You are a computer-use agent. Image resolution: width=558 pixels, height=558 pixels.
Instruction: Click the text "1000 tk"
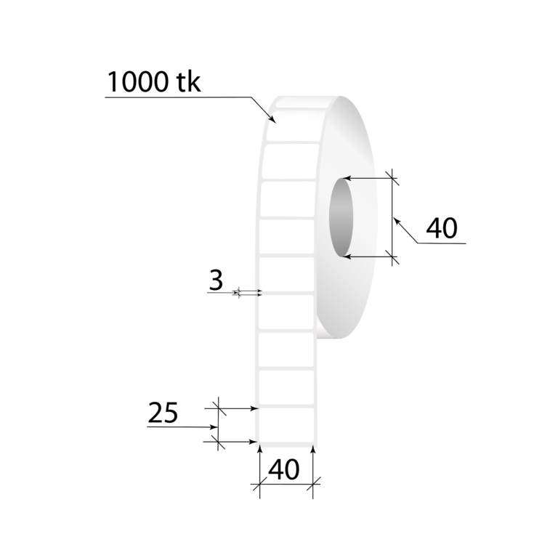tap(153, 81)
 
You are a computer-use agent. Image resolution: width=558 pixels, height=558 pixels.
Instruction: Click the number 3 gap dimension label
tap(215, 280)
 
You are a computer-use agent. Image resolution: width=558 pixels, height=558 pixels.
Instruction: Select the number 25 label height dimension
tap(163, 413)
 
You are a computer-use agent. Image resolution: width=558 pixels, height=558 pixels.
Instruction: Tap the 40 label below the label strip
tap(284, 469)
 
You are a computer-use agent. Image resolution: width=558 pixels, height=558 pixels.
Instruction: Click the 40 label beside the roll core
tap(441, 228)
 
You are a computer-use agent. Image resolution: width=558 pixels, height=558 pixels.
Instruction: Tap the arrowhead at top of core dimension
tap(347, 178)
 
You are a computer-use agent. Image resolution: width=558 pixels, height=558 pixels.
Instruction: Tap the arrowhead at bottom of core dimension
tap(347, 256)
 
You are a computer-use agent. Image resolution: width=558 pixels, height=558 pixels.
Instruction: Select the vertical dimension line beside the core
tap(393, 217)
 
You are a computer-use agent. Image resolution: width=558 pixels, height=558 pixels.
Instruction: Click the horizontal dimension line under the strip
tap(286, 484)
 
